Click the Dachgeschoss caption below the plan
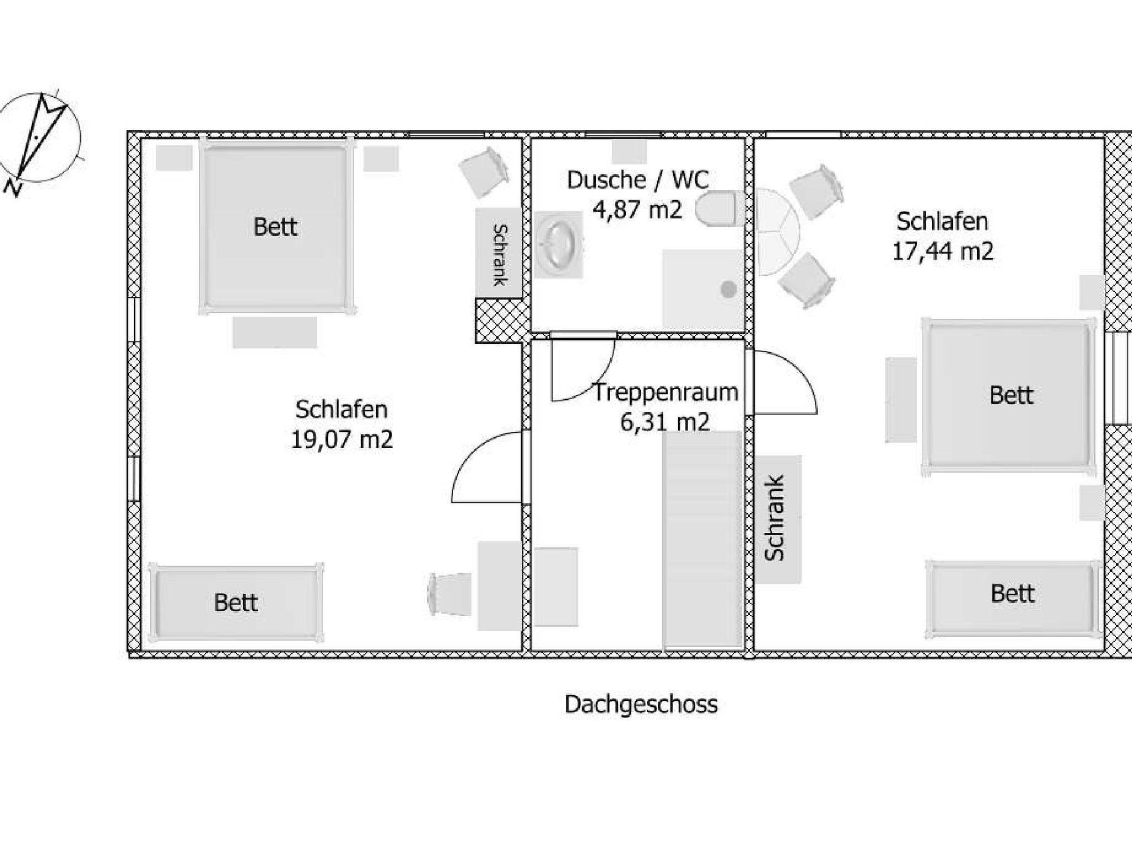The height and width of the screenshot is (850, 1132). click(641, 705)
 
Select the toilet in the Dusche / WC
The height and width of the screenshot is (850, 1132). click(716, 209)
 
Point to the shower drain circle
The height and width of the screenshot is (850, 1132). click(728, 288)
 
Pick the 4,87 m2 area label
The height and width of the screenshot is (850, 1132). click(637, 210)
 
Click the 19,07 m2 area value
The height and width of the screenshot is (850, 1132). click(342, 440)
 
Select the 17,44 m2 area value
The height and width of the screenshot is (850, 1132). click(942, 251)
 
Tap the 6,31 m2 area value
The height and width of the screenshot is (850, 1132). click(664, 423)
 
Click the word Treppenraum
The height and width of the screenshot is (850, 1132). click(665, 392)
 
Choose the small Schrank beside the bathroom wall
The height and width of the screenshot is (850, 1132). click(499, 253)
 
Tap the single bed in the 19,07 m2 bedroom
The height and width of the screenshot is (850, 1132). click(236, 602)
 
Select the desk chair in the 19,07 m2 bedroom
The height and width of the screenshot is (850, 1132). click(449, 594)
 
